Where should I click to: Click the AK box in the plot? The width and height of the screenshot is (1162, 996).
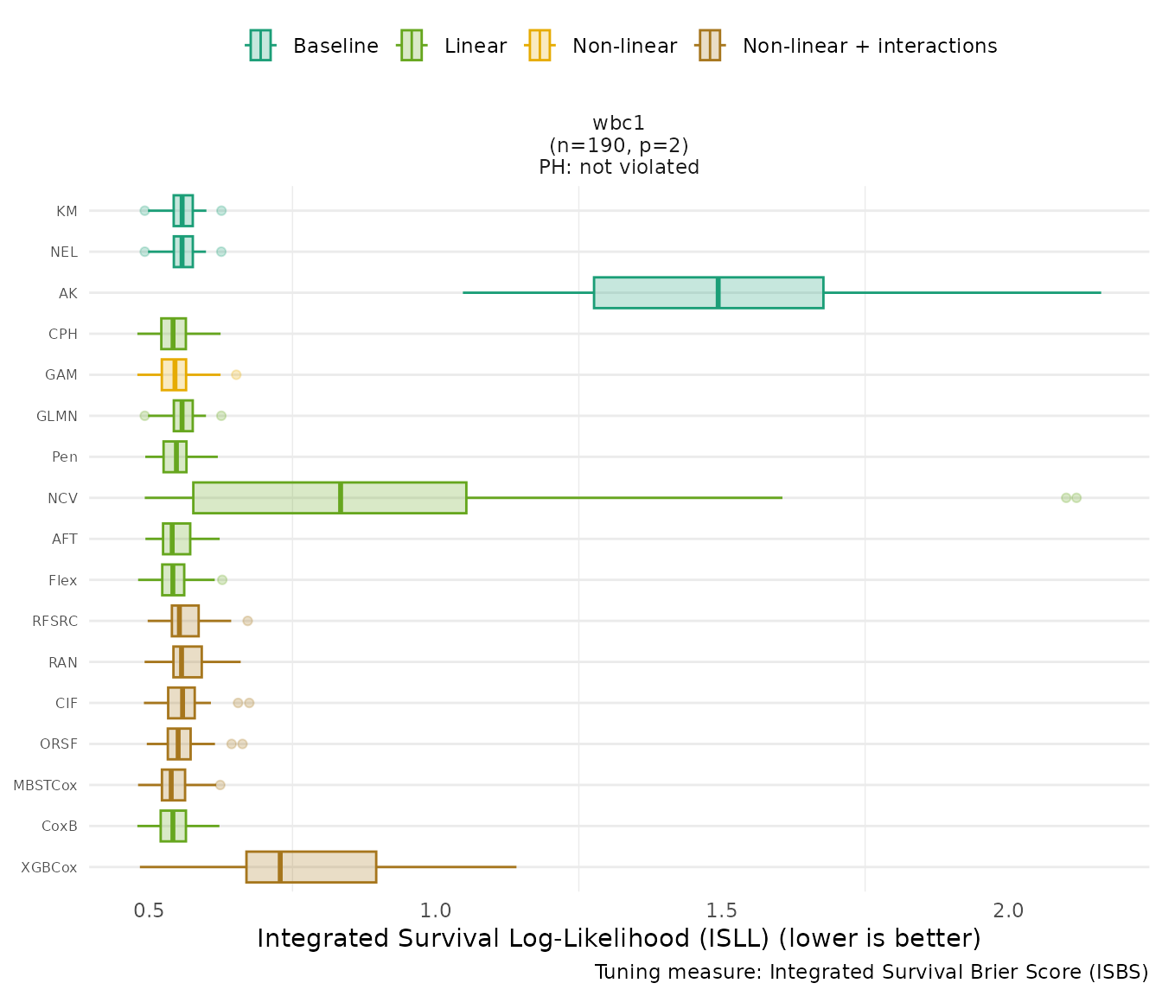tap(657, 292)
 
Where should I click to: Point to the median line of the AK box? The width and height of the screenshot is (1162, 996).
tap(718, 292)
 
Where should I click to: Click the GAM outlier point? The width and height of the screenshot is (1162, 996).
tap(236, 374)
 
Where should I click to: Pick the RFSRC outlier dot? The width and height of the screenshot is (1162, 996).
tap(247, 621)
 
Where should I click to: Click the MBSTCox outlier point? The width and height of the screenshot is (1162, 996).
tap(220, 785)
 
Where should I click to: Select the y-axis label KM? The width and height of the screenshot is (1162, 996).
tap(67, 211)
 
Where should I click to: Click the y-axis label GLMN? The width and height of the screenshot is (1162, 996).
tap(57, 416)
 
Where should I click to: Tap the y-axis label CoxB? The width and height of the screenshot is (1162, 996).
tap(60, 827)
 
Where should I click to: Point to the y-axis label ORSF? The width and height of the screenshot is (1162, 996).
tap(59, 744)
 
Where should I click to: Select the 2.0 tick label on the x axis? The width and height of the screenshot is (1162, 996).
tap(1008, 911)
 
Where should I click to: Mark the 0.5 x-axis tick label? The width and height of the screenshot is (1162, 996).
tap(150, 911)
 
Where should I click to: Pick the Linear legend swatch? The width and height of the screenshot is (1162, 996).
tap(411, 45)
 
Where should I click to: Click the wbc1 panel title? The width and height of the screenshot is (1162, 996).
tap(618, 124)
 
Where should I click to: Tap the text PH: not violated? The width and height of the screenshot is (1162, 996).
tap(618, 167)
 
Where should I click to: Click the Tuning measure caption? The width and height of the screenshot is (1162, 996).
tap(871, 972)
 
